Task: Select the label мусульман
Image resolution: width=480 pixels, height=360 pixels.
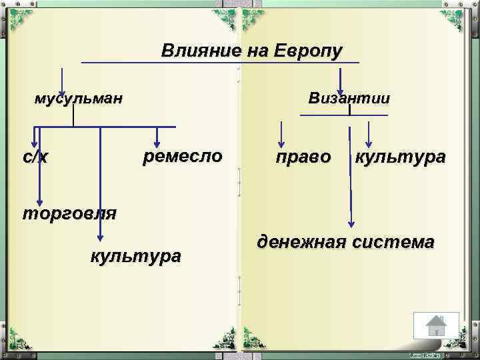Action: [79, 100]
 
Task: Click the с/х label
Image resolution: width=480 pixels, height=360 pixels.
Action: [35, 157]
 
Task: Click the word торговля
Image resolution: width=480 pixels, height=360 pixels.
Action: [69, 213]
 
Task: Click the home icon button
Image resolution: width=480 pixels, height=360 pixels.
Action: [436, 326]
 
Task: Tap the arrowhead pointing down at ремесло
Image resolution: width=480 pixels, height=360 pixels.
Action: [157, 141]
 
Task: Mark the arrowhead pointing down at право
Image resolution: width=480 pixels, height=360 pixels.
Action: [282, 141]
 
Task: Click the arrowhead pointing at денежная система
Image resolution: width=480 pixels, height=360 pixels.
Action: [351, 225]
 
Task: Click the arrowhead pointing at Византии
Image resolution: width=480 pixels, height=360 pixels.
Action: [340, 86]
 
